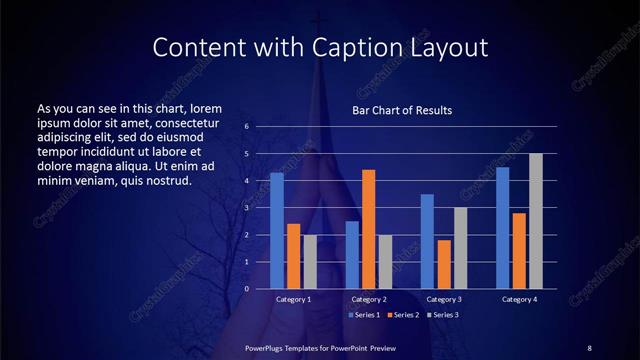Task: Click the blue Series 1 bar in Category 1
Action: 277,231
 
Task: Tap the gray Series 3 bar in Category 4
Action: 535,221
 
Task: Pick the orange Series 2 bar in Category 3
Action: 444,264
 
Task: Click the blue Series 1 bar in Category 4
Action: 502,228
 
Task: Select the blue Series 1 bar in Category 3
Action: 427,241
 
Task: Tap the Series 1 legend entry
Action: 363,315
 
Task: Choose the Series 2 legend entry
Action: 401,315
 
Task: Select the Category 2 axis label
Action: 368,299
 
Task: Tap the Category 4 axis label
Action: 518,299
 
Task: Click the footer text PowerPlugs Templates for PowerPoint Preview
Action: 320,347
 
